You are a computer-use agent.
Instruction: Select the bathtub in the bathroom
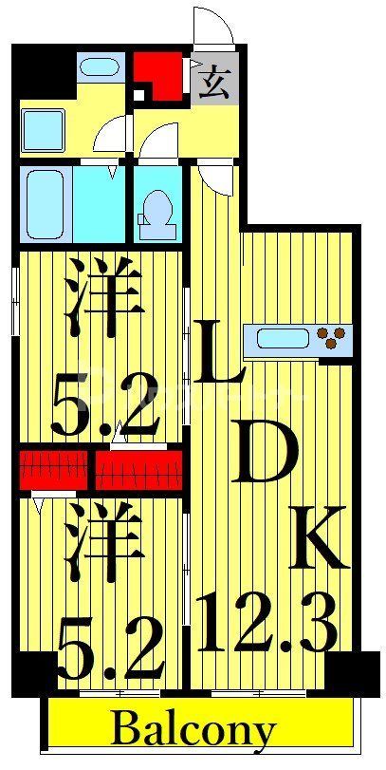point(46,203)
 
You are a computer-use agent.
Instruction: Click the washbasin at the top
point(99,67)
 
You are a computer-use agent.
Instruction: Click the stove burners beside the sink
point(334,336)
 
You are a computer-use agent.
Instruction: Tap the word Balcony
point(193,730)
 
